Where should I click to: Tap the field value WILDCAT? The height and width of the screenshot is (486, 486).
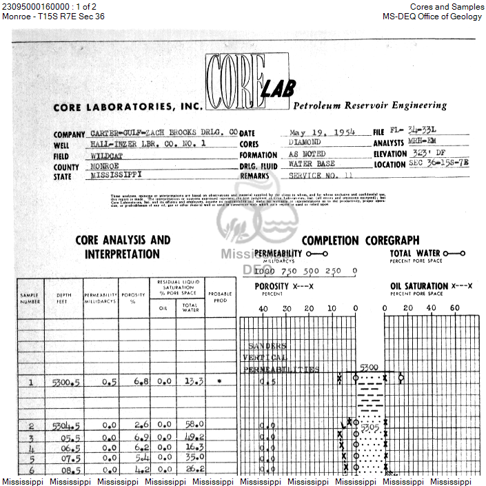point(110,155)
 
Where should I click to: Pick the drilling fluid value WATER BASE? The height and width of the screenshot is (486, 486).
point(311,164)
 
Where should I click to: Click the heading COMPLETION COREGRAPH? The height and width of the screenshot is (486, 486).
point(360,241)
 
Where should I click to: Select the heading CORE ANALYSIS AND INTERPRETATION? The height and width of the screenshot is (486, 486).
point(122,247)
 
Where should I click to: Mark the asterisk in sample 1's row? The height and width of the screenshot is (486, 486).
point(219,381)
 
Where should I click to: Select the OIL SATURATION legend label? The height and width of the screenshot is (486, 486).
point(419,285)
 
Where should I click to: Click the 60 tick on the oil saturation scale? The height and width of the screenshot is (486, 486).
point(454,308)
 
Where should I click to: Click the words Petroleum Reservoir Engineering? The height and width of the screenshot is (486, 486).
point(370,106)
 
